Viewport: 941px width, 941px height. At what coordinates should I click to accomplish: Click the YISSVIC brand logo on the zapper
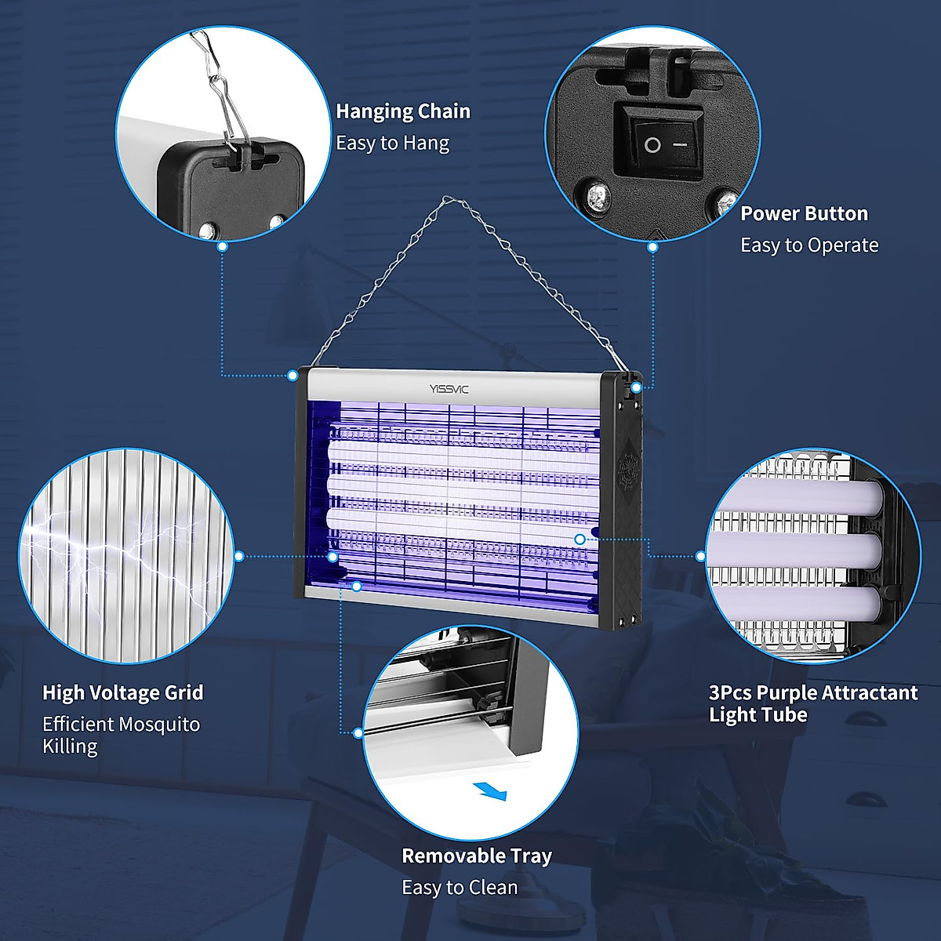click(449, 389)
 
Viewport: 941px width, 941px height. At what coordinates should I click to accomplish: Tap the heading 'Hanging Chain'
click(403, 111)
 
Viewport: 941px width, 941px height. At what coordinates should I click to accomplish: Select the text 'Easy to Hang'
click(392, 144)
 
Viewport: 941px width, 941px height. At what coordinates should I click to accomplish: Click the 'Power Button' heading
click(804, 213)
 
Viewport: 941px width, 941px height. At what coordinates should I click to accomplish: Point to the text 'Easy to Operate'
click(809, 245)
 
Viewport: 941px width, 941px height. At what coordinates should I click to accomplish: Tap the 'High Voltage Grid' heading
click(123, 692)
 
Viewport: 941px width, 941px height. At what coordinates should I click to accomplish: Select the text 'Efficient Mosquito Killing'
click(121, 735)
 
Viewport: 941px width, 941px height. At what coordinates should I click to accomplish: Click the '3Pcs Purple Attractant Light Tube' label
click(812, 703)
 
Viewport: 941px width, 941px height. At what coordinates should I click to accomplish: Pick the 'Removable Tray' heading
click(477, 856)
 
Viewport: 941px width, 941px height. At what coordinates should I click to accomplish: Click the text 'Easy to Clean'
click(460, 888)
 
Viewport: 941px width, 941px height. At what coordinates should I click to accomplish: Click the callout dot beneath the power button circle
click(652, 247)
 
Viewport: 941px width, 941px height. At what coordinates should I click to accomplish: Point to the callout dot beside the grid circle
click(239, 556)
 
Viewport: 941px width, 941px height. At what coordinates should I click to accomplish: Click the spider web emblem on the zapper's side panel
click(627, 470)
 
